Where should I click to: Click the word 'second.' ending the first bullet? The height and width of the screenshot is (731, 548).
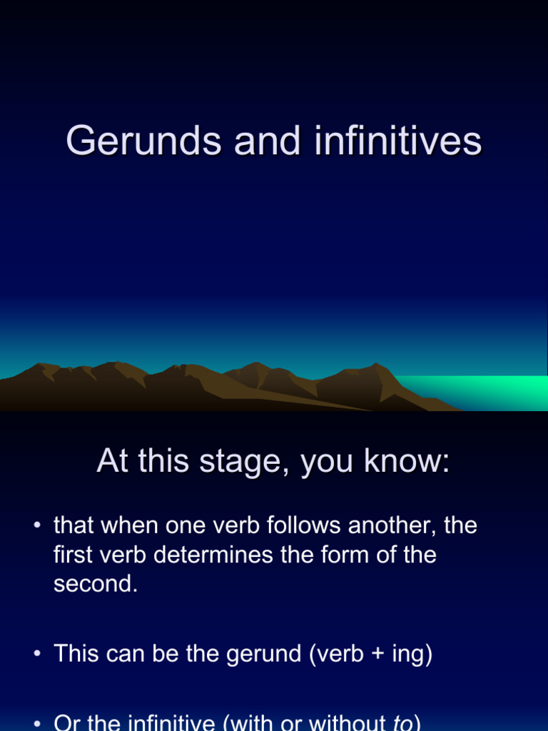[96, 584]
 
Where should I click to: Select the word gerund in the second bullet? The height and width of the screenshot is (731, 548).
[265, 655]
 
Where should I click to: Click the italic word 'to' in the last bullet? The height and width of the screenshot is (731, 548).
[403, 722]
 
